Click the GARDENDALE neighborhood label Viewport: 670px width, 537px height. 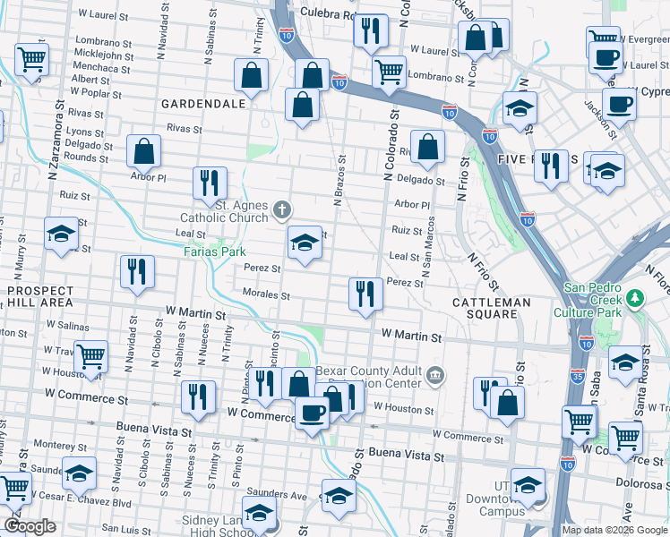pyautogui.click(x=203, y=104)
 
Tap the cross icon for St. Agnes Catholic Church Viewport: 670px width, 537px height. pyautogui.click(x=282, y=210)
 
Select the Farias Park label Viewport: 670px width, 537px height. pyautogui.click(x=215, y=252)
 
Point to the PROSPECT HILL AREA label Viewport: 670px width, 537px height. pyautogui.click(x=40, y=296)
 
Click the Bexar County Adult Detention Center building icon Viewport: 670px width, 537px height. pyautogui.click(x=435, y=373)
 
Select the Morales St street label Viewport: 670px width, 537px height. pyautogui.click(x=266, y=294)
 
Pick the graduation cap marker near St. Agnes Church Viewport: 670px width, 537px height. pyautogui.click(x=305, y=242)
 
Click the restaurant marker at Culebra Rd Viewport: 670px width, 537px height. pyautogui.click(x=369, y=30)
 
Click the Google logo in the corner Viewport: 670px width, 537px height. pyautogui.click(x=30, y=526)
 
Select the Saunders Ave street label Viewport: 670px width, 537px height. pyautogui.click(x=278, y=494)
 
